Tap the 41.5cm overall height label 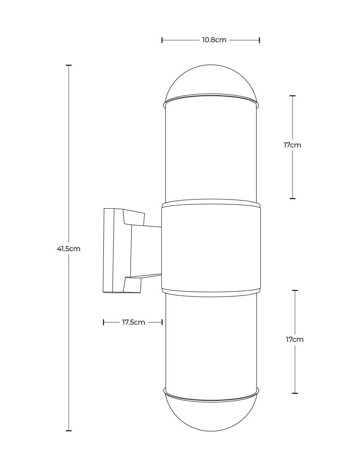click(x=69, y=249)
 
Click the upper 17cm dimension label click(x=292, y=145)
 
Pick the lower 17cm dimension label click(x=295, y=339)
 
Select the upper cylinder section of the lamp click(x=211, y=152)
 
